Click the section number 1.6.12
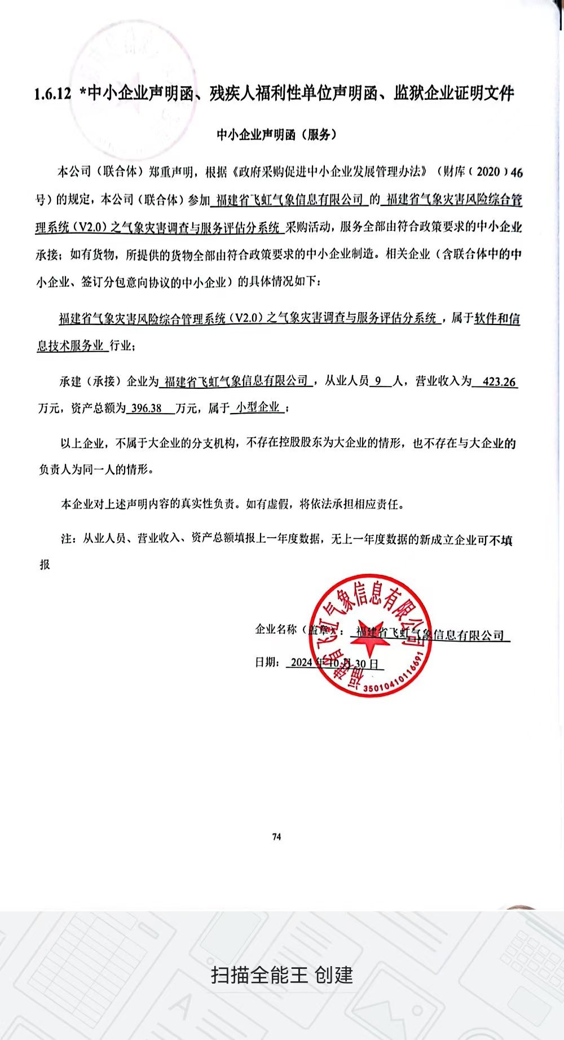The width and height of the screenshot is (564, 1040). (52, 94)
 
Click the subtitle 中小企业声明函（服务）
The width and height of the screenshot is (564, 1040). (277, 134)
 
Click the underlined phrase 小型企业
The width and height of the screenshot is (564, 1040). (258, 407)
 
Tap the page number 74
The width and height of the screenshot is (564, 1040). (276, 836)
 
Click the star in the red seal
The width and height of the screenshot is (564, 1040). (369, 644)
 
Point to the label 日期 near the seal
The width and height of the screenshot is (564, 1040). (266, 662)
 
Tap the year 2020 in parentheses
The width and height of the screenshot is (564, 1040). (488, 172)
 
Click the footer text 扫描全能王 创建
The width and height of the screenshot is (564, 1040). (282, 975)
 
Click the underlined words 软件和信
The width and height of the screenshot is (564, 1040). (497, 318)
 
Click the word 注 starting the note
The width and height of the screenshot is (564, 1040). (67, 539)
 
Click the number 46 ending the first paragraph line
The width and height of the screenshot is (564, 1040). (516, 172)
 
